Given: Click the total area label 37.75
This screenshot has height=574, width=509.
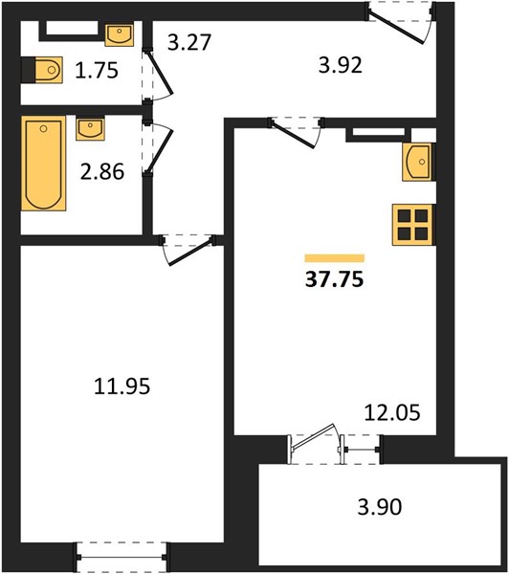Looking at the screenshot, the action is click(x=334, y=279).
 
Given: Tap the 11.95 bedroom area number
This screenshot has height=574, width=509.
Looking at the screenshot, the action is click(x=122, y=386).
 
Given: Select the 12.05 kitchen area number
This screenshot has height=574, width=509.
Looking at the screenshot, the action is click(x=392, y=412).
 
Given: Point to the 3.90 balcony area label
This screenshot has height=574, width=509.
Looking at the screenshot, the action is click(x=380, y=507).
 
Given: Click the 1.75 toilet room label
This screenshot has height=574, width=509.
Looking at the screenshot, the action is click(x=97, y=70).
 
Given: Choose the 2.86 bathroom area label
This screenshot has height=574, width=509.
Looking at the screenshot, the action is click(x=102, y=171).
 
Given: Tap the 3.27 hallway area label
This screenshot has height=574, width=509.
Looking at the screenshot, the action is click(x=189, y=42).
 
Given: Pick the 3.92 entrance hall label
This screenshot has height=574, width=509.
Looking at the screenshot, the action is click(x=341, y=65).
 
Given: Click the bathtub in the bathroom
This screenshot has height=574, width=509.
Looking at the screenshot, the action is click(x=44, y=164).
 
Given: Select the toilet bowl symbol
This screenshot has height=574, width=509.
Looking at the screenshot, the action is click(x=49, y=70).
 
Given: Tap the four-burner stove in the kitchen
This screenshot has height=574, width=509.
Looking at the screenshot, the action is click(x=413, y=225).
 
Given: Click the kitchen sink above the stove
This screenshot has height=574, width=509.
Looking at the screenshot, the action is click(x=418, y=162).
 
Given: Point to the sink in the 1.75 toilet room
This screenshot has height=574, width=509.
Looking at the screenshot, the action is click(x=120, y=34).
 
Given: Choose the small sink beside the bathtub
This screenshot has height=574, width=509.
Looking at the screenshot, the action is click(x=90, y=128).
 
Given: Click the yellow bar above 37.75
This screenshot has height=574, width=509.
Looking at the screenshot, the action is click(x=335, y=258).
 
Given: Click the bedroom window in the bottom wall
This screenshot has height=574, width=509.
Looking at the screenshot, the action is click(x=122, y=558).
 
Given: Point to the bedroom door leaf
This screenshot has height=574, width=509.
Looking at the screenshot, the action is click(x=190, y=252).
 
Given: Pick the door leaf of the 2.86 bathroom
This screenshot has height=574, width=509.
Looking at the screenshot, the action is click(x=159, y=150).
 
